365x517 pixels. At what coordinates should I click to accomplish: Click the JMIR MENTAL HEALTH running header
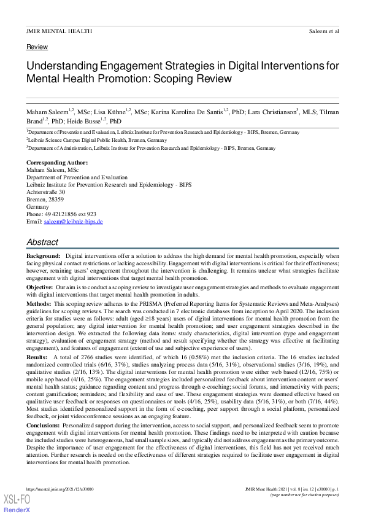[x=60, y=31]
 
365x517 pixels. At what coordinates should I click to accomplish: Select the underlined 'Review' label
[x=37, y=47]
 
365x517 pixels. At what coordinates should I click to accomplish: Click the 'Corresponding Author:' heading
[x=57, y=163]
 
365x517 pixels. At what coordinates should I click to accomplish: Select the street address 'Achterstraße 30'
[x=45, y=192]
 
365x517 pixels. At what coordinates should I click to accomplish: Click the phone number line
[x=61, y=214]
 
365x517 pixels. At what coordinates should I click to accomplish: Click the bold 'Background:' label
[x=43, y=255]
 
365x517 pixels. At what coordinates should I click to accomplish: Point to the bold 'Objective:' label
[x=40, y=287]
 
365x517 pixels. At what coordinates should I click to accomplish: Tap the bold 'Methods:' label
[x=39, y=304]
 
